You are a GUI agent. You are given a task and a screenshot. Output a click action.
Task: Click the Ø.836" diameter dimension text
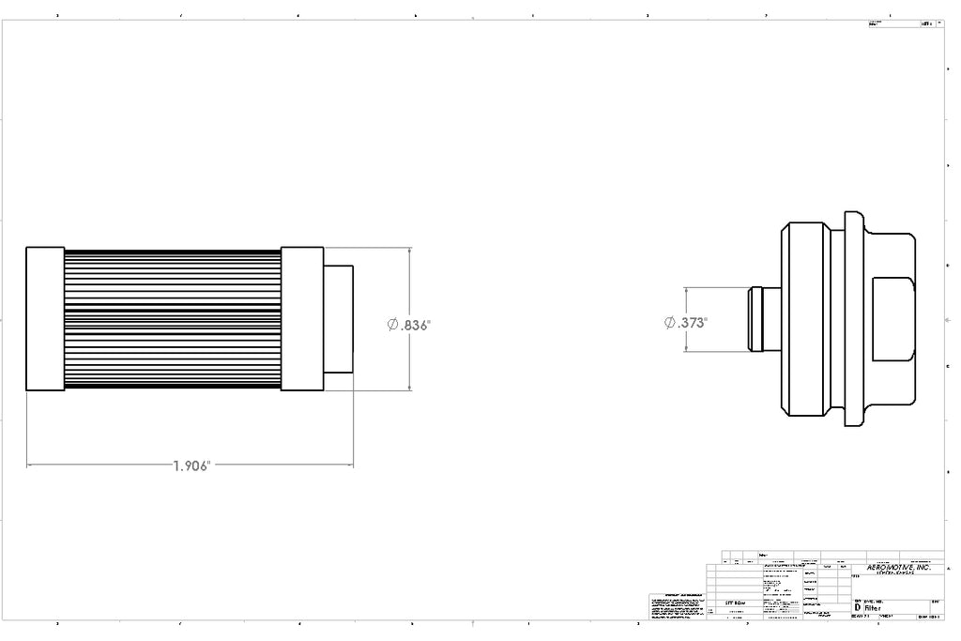point(408,325)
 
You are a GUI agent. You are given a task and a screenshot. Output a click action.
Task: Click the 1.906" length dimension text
point(192,465)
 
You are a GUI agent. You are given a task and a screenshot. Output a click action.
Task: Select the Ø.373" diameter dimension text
point(686,322)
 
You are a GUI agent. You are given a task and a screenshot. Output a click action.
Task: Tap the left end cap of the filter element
point(44,319)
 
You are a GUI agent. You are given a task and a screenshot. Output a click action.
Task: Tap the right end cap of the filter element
point(302,319)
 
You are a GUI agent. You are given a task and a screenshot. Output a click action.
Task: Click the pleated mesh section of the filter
point(172,319)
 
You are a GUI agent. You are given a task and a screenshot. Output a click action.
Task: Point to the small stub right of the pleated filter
point(339,319)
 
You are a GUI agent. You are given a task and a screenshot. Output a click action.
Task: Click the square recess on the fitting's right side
point(892,319)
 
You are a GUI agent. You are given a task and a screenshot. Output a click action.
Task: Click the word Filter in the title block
point(873,608)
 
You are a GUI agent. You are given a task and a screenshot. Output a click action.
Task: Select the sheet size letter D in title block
point(857,608)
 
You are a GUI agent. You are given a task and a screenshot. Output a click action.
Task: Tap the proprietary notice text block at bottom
point(676,608)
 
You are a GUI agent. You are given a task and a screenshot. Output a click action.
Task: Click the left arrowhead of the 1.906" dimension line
point(29,464)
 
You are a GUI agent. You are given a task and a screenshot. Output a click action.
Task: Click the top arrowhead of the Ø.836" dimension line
point(410,251)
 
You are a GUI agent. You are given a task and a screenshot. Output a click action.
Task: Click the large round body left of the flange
point(807,319)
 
